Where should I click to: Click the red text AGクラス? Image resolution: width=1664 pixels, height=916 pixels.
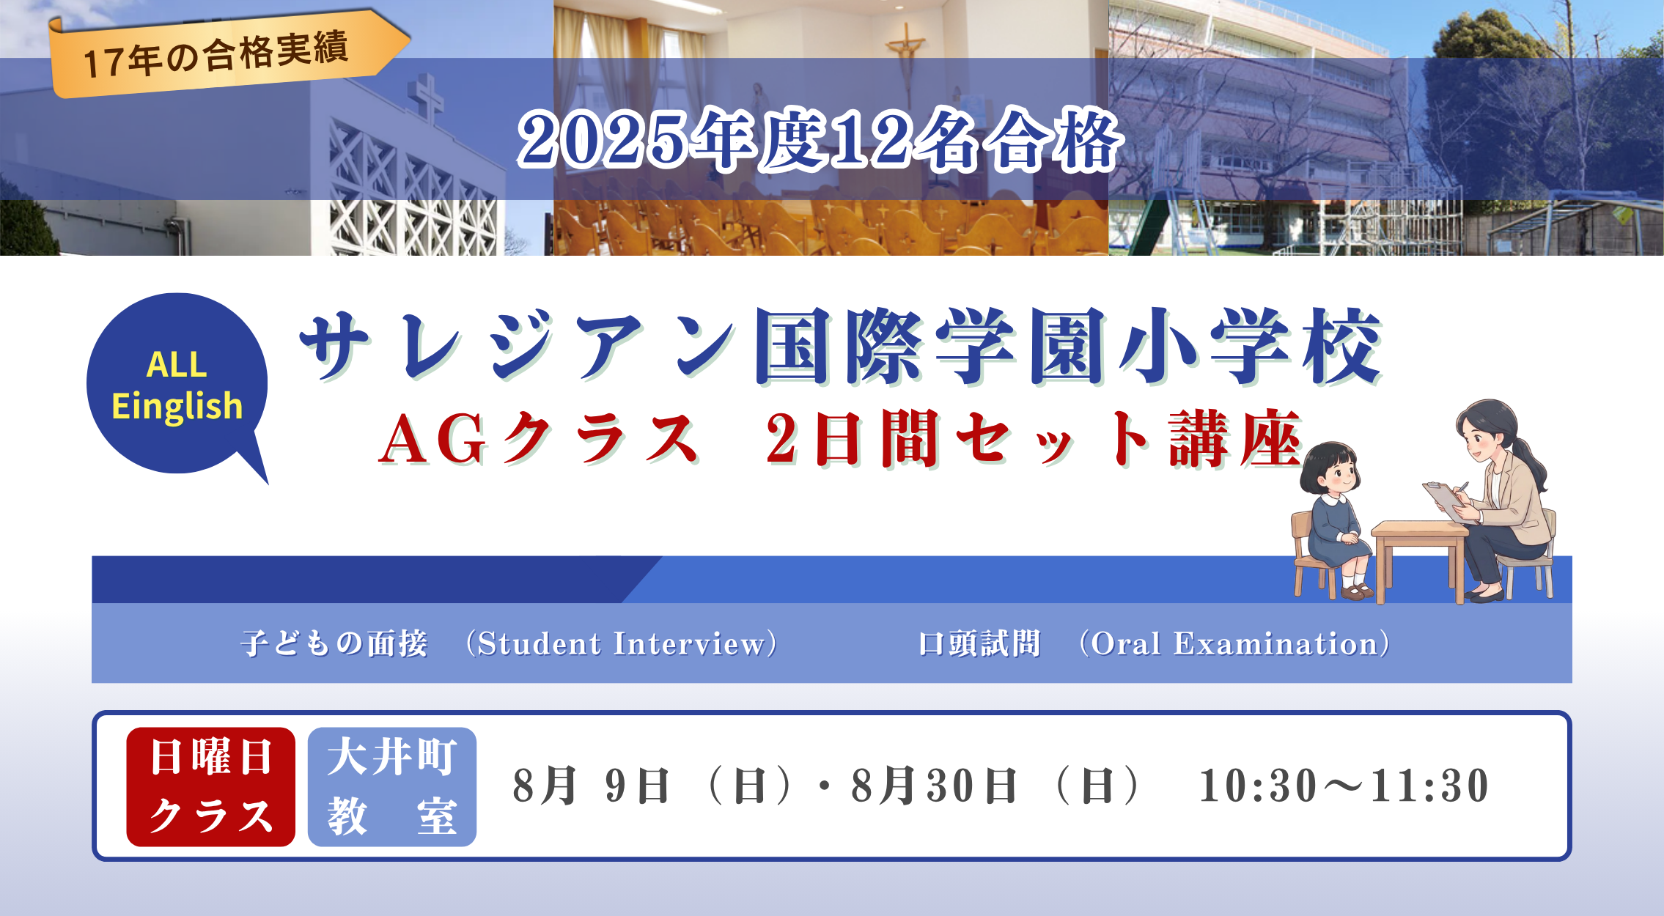pyautogui.click(x=539, y=438)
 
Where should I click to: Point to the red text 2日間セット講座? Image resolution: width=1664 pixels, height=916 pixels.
pyautogui.click(x=1034, y=438)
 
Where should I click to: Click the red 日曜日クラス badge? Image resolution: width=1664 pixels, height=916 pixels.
pyautogui.click(x=211, y=786)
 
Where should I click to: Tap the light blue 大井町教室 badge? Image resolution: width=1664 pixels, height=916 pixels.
pyautogui.click(x=392, y=786)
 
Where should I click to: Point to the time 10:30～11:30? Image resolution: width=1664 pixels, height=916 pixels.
pyautogui.click(x=1343, y=786)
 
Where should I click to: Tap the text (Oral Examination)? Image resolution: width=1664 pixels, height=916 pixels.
pyautogui.click(x=1234, y=643)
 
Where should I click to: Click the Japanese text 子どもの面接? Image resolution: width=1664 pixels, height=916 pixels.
pyautogui.click(x=334, y=643)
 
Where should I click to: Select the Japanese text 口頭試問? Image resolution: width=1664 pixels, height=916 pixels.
pyautogui.click(x=979, y=643)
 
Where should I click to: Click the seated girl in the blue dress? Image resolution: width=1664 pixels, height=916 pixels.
pyautogui.click(x=1334, y=520)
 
